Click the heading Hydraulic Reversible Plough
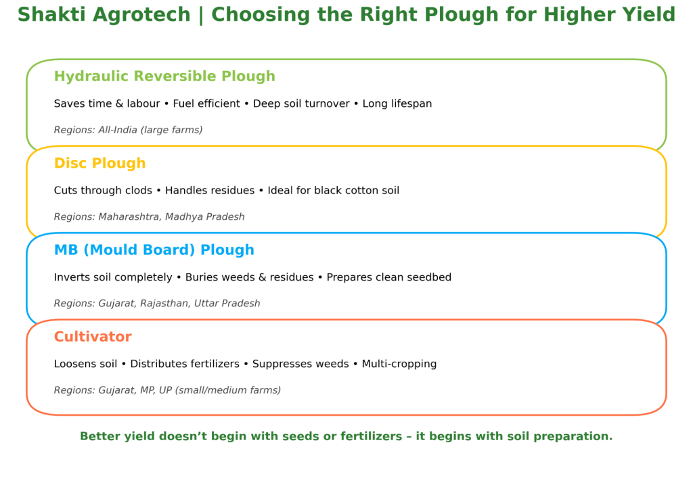tap(164, 76)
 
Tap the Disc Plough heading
tap(99, 163)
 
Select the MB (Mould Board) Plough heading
tap(154, 250)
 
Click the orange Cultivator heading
tap(93, 337)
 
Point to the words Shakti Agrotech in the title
tap(104, 15)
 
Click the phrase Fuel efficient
tap(206, 104)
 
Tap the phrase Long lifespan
tap(397, 104)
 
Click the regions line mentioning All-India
tap(128, 130)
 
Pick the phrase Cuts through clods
tap(103, 191)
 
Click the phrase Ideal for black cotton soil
tap(334, 191)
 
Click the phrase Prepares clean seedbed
tap(389, 277)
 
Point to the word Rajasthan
tap(164, 304)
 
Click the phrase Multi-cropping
tap(399, 364)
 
